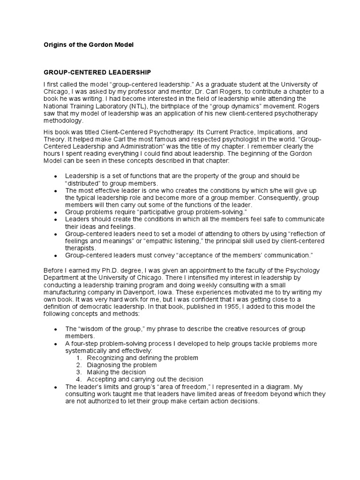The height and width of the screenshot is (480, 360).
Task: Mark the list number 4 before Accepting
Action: point(79,379)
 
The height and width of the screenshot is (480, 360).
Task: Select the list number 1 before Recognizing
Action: point(79,358)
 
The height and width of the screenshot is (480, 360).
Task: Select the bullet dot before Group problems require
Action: point(56,212)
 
